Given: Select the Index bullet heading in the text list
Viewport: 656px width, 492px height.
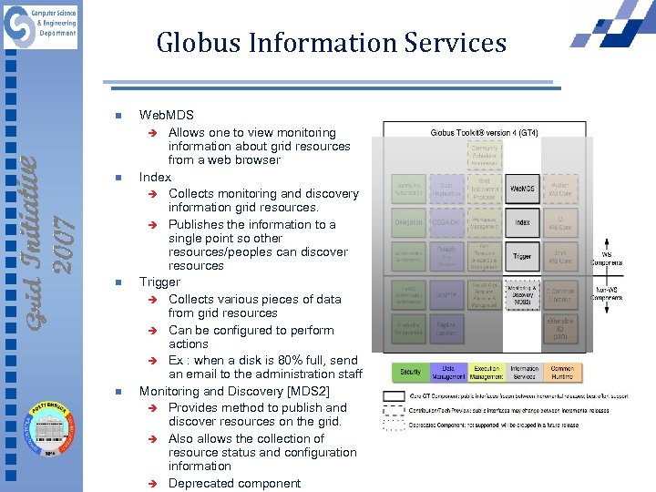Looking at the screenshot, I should [x=155, y=177].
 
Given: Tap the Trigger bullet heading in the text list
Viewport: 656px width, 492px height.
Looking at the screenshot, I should [x=159, y=282].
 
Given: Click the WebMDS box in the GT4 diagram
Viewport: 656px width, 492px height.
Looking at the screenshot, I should [x=522, y=189].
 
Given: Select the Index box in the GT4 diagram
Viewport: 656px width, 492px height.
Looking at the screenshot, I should [x=522, y=222].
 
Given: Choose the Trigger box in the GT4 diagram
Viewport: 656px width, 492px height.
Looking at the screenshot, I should [x=522, y=256].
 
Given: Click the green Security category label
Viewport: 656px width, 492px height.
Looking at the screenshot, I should [x=411, y=373].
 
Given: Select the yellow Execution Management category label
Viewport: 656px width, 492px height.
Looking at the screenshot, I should [x=486, y=373].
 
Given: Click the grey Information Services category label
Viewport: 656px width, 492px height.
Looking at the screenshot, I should [x=524, y=373].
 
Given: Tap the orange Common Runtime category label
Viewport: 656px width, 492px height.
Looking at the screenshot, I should [x=563, y=373].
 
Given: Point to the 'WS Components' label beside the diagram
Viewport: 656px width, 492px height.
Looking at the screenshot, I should [x=606, y=259].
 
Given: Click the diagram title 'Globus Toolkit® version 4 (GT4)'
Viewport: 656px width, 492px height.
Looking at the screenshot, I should [x=484, y=133].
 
